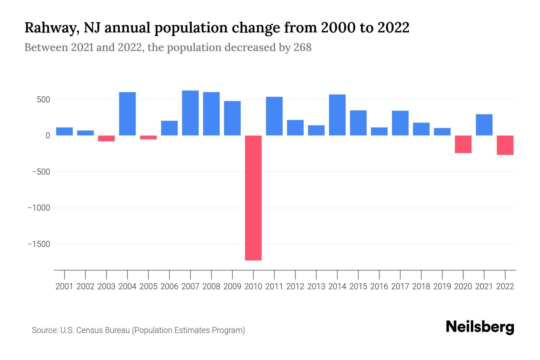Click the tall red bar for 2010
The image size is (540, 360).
point(253,198)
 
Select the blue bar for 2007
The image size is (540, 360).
point(190,113)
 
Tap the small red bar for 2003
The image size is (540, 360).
point(106,138)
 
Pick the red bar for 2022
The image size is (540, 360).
point(505,145)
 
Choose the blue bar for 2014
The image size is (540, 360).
point(337,115)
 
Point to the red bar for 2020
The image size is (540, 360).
point(463,144)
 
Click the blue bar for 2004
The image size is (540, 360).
point(127,114)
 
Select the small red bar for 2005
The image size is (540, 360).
point(148,137)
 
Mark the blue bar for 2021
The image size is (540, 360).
point(484,125)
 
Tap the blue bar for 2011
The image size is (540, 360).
point(274,116)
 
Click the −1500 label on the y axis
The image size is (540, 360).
point(39,244)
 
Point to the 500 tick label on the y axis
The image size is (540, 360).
point(43,100)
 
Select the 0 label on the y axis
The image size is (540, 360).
point(48,136)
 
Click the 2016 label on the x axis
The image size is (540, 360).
point(379,286)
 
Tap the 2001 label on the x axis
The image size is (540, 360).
point(64,286)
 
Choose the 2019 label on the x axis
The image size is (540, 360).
point(442,286)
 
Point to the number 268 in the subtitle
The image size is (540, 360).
point(302,47)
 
